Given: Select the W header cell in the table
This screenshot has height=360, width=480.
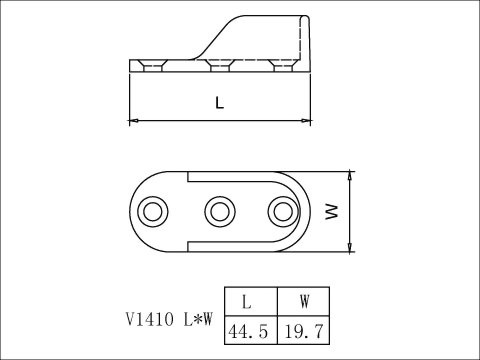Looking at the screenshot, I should [x=304, y=300].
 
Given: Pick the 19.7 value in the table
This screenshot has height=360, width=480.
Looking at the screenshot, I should [x=304, y=329].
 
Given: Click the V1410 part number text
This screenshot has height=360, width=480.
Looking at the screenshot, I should [x=147, y=321].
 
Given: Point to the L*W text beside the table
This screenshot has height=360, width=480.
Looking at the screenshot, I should [x=195, y=321].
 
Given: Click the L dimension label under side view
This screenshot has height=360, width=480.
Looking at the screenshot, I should [x=219, y=103].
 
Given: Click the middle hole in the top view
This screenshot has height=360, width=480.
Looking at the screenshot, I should [x=219, y=211].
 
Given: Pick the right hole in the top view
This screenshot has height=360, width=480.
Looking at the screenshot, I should [x=283, y=211].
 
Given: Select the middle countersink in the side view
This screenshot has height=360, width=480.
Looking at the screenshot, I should [x=219, y=66].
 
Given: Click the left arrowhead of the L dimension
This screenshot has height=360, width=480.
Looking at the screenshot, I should [x=135, y=120].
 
